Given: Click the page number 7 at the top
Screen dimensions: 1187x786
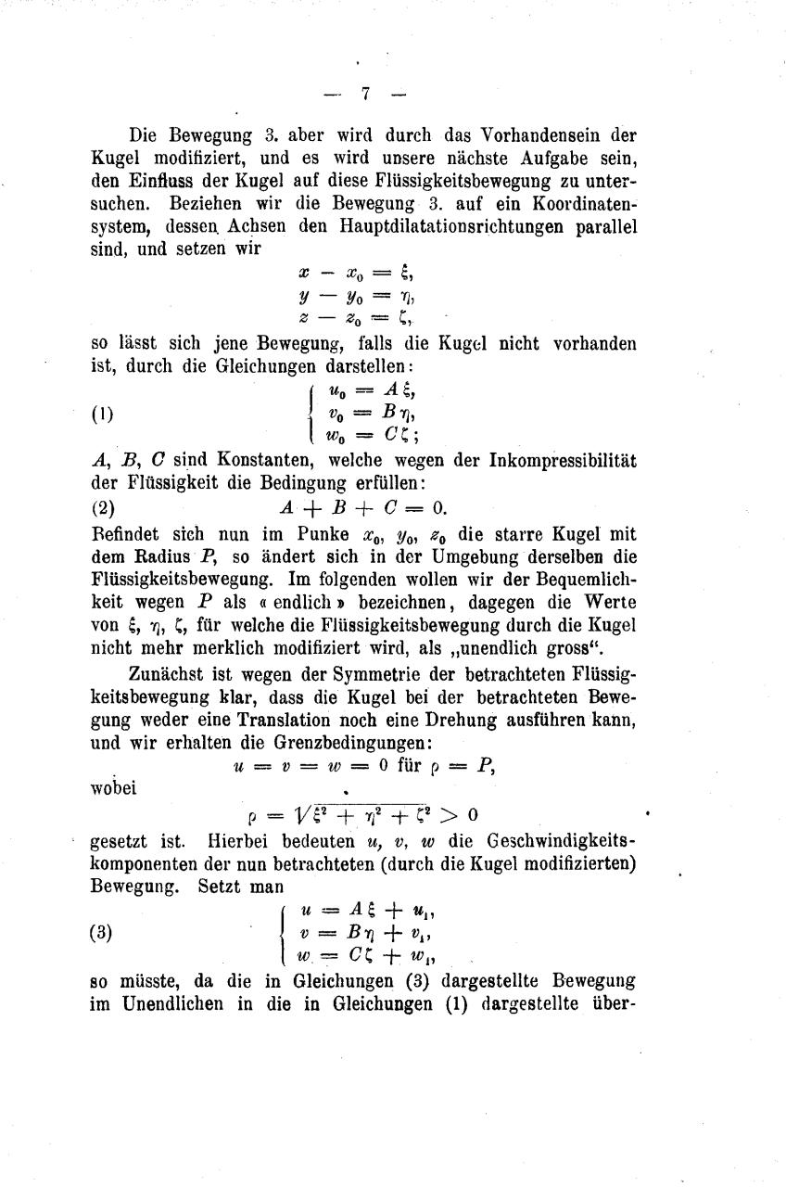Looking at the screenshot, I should pyautogui.click(x=366, y=94).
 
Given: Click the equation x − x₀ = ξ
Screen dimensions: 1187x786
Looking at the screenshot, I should pyautogui.click(x=354, y=273).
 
